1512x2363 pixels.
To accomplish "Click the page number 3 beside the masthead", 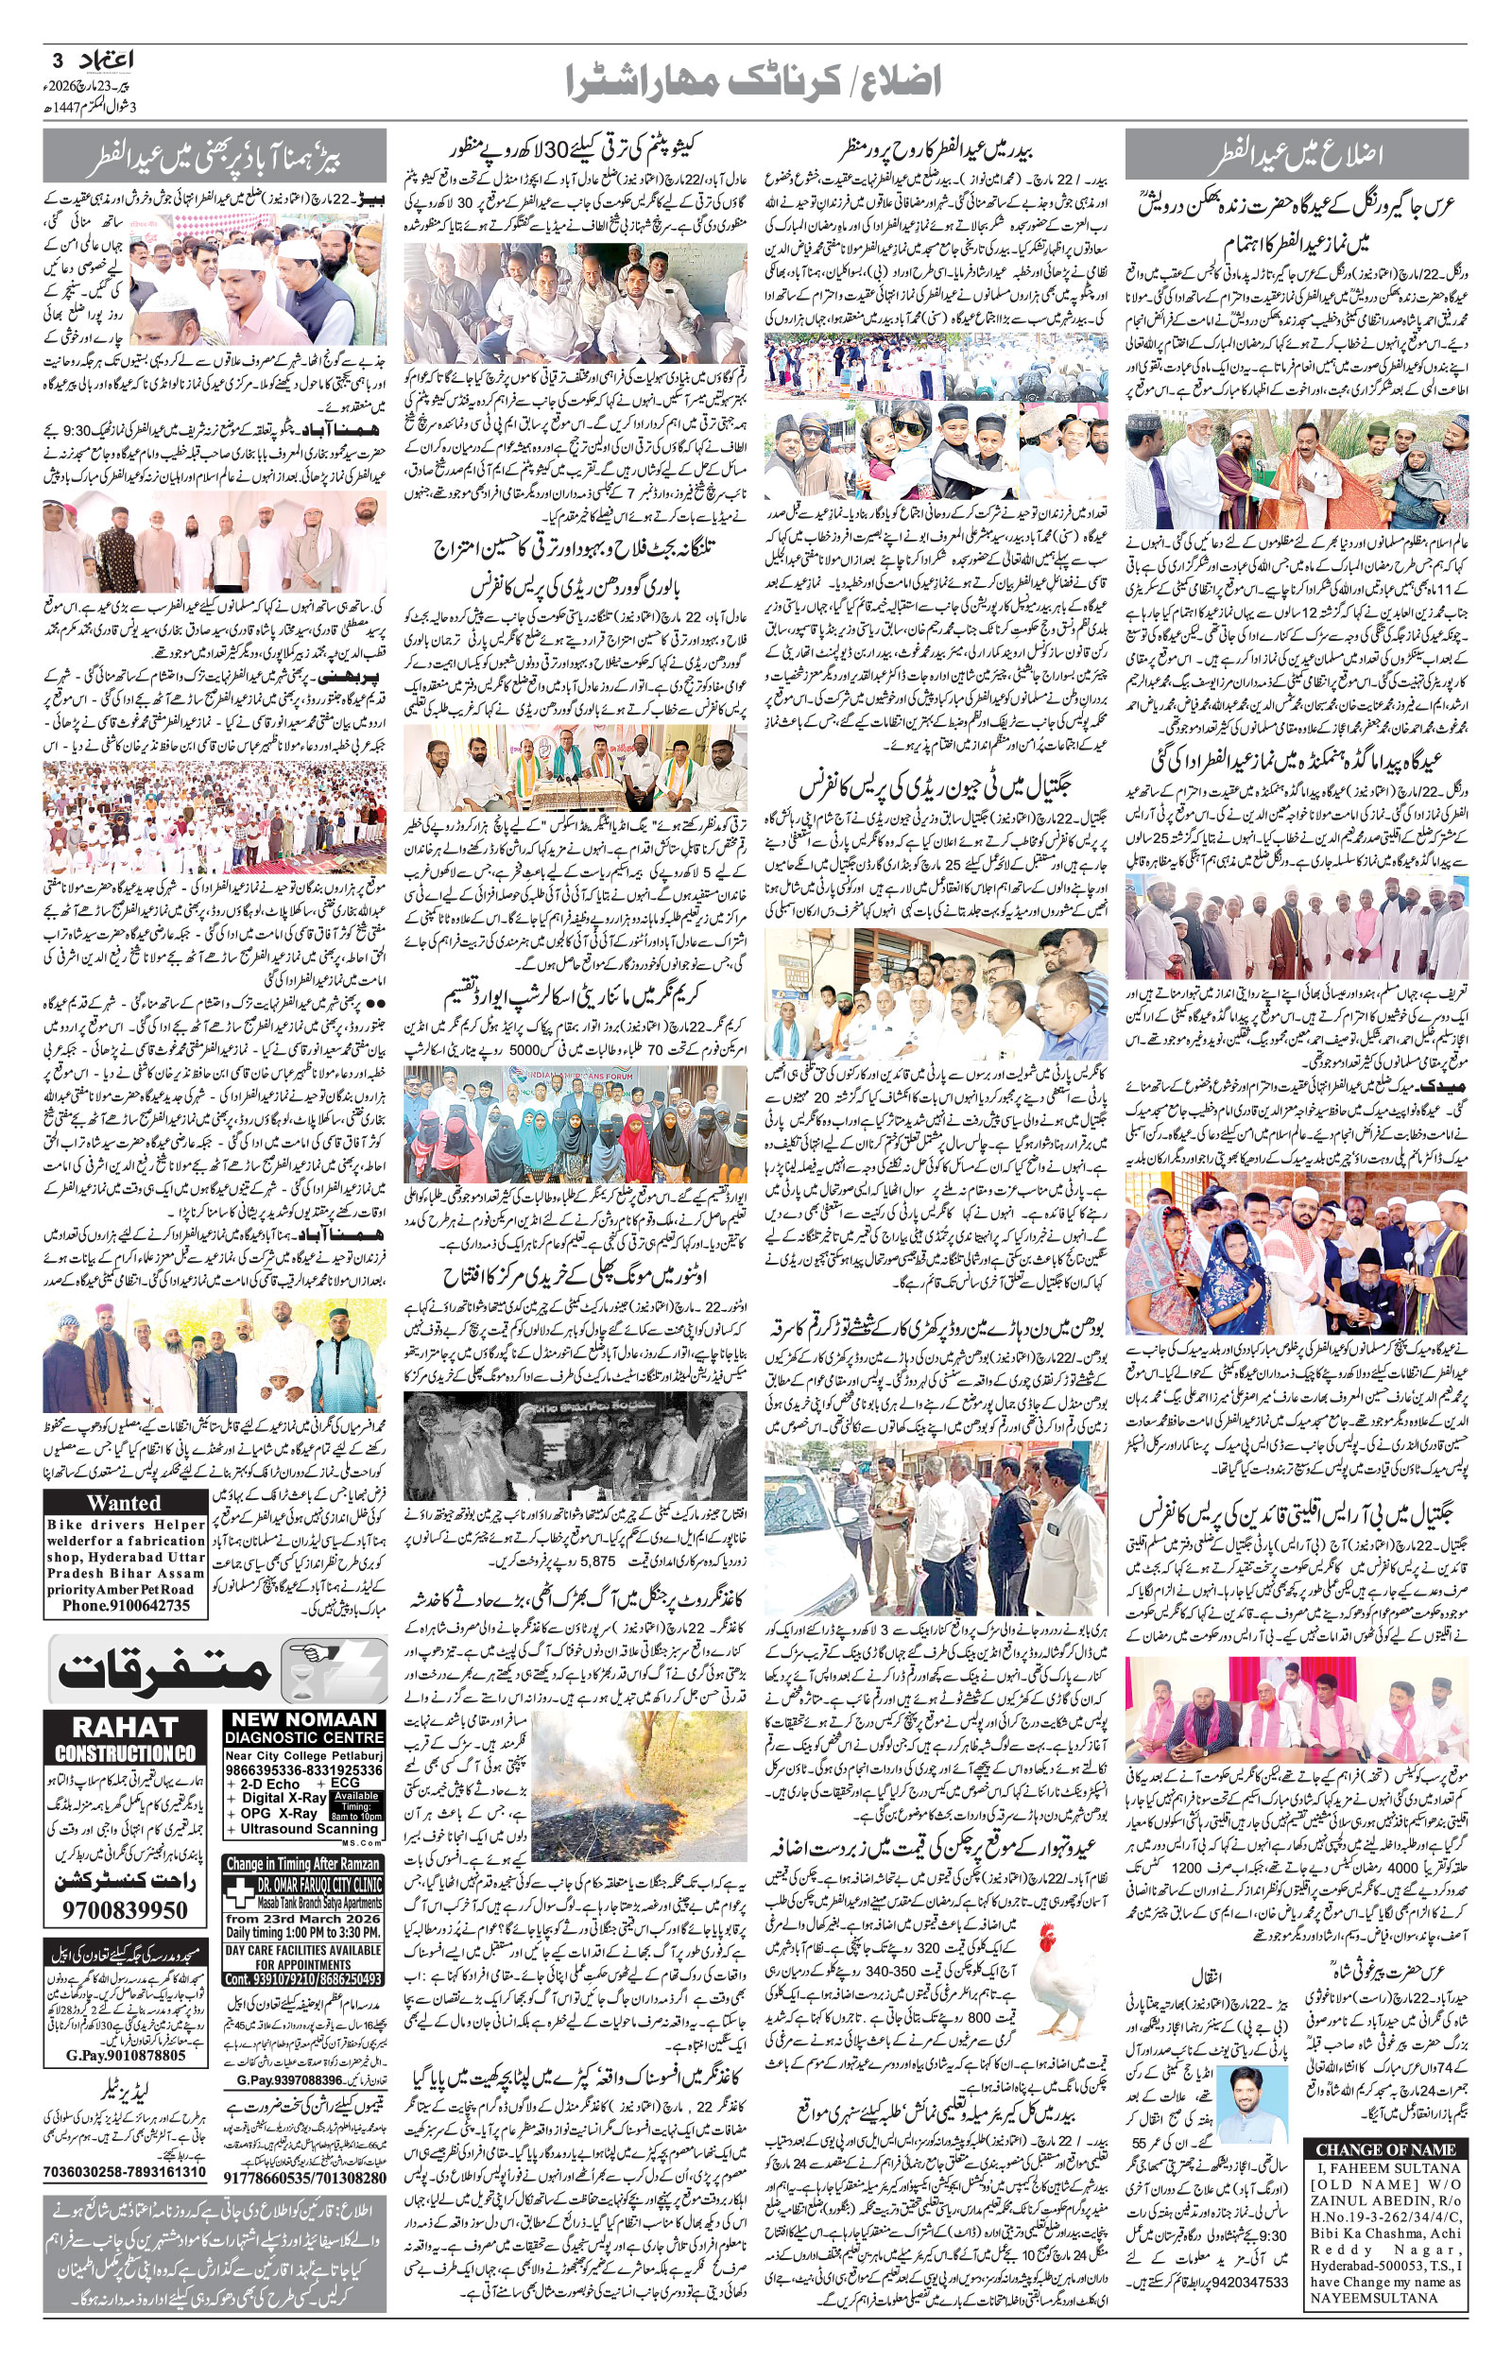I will coord(57,60).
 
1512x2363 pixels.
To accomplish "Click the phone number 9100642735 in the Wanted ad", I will coord(126,1605).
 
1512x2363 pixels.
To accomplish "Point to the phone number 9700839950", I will coord(124,1909).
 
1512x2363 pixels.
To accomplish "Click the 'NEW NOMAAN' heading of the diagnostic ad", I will coord(303,1720).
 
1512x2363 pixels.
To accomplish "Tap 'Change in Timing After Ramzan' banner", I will coord(303,1863).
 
